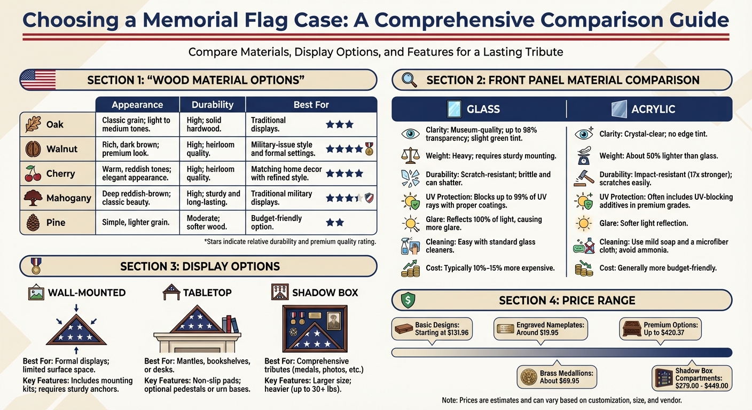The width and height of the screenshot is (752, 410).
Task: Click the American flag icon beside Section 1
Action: [38, 80]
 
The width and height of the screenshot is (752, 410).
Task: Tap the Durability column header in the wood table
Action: [212, 105]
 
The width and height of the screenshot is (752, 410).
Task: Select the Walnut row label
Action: [62, 149]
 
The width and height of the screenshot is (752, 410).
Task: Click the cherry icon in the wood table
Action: [33, 174]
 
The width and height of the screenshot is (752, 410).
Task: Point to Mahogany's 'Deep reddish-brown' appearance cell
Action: [137, 198]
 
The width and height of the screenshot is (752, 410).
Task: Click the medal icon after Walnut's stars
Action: [369, 149]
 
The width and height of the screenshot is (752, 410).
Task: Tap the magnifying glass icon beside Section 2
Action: [410, 80]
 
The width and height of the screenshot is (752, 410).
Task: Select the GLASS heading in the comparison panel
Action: [483, 109]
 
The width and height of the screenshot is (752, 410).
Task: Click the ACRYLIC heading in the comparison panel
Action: [653, 109]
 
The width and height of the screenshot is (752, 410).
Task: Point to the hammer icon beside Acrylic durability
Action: [583, 179]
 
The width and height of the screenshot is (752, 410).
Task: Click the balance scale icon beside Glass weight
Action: [410, 155]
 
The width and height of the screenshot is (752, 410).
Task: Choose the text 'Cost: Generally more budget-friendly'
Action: [657, 268]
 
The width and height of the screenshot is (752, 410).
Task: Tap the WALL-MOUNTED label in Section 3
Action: [87, 293]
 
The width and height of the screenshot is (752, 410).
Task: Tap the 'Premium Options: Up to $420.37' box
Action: [660, 328]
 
